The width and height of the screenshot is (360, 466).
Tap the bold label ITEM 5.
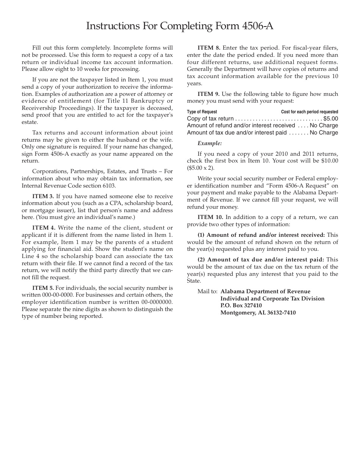click(43, 288)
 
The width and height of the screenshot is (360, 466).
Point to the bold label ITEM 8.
click(209, 48)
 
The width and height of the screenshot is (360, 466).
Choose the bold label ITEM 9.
click(208, 94)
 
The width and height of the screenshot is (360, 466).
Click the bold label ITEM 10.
click(210, 217)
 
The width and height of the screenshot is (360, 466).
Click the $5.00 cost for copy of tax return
click(330, 119)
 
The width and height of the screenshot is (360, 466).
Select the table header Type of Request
click(202, 112)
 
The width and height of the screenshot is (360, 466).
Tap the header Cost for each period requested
click(310, 112)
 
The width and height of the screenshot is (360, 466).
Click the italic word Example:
click(210, 143)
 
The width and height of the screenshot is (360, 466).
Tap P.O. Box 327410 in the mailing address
click(241, 305)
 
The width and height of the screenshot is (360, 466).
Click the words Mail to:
click(207, 291)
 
